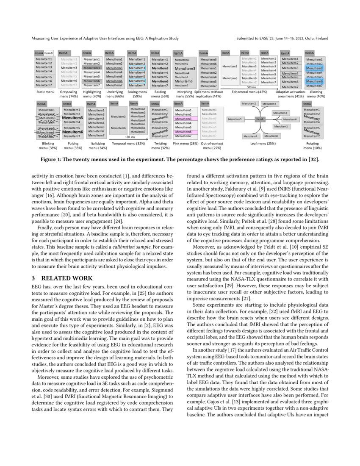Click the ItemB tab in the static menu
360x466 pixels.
pos(48,53)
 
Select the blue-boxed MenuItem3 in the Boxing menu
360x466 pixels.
pos(137,68)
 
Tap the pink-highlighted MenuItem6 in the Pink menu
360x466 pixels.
pos(183,132)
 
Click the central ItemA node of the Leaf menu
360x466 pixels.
pos(260,119)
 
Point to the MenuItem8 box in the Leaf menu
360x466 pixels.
pos(271,136)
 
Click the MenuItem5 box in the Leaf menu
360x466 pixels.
pos(235,119)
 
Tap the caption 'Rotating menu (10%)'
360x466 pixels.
pos(314,146)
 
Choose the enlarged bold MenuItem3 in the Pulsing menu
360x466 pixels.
pos(72,118)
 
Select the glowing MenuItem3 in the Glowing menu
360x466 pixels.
pos(314,68)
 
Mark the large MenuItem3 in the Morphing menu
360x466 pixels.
pos(185,68)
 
